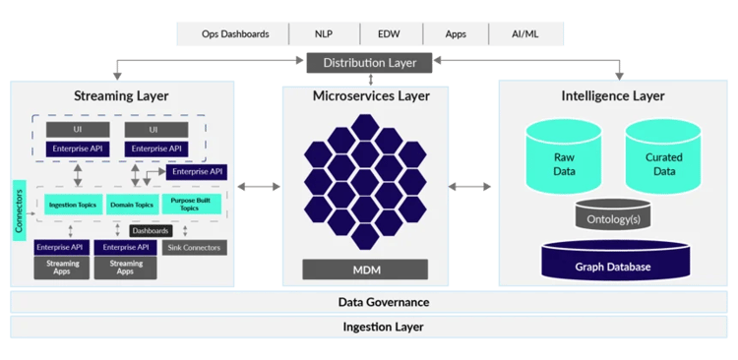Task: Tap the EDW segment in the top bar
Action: [x=388, y=33]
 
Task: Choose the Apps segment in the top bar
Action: [x=456, y=33]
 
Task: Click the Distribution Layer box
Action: [x=369, y=63]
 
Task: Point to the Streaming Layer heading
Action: [x=121, y=95]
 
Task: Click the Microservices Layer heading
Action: [x=366, y=95]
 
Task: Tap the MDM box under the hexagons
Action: [x=365, y=269]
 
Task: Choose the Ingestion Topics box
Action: [x=72, y=205]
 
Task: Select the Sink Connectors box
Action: [x=194, y=247]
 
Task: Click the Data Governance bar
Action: [x=369, y=302]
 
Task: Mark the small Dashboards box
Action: [x=151, y=229]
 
